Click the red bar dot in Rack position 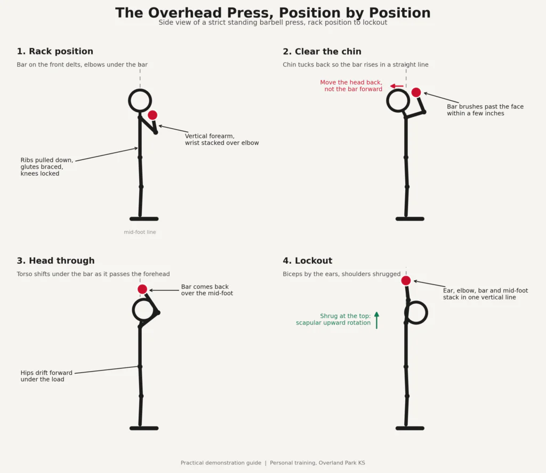(152, 115)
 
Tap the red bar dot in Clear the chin (416, 92)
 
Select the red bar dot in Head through (142, 289)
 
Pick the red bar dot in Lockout (406, 281)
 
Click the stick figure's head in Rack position (129, 101)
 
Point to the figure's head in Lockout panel (427, 313)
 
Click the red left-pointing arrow (397, 86)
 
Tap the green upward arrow (376, 320)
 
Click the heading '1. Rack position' (55, 51)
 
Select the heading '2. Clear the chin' (322, 51)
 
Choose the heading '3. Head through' (55, 261)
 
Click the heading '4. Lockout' (308, 261)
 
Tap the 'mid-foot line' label (140, 232)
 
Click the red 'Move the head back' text (351, 86)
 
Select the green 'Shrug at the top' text (333, 319)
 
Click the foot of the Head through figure (144, 428)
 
